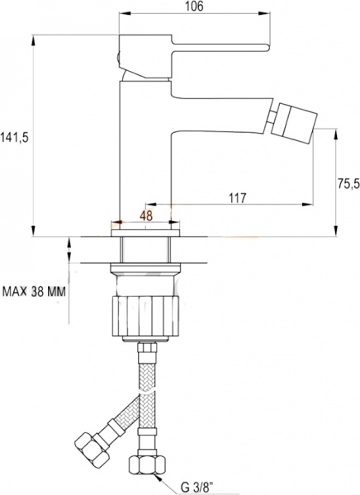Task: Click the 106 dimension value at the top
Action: pos(194,7)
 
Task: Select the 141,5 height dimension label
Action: pos(16,138)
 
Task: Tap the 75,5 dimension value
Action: pos(347,183)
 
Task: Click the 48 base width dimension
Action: pos(146,214)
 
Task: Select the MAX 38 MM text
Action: pos(34,291)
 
